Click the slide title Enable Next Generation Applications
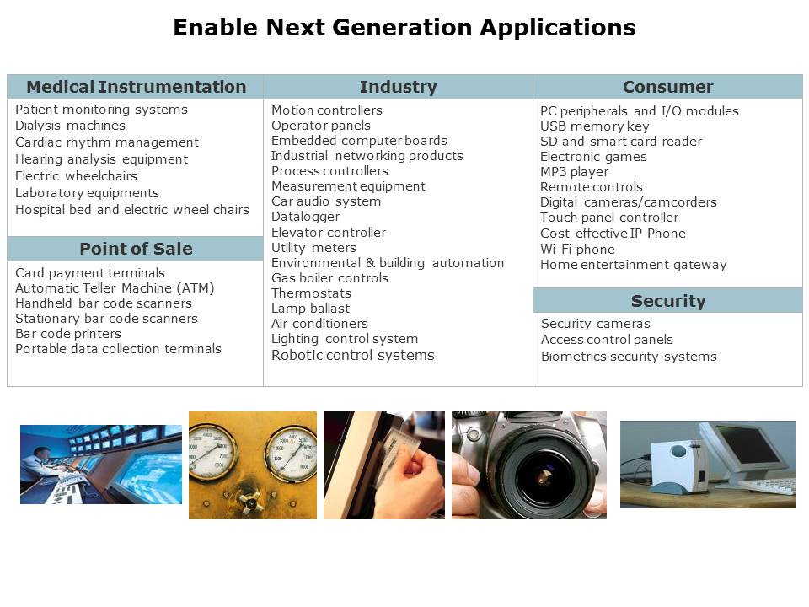coord(404,27)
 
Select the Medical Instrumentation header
coord(137,87)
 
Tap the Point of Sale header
coord(136,249)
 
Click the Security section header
coord(668,301)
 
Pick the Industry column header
coord(398,87)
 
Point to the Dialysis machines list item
coord(70,126)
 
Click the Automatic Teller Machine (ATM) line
coord(115,288)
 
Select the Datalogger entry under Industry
coord(305,217)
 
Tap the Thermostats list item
coord(311,293)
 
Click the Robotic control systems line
coord(353,355)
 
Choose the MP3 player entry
coord(574,172)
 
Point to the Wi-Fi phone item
coord(577,250)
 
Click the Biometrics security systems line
coord(629,357)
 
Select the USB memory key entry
coord(594,126)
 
